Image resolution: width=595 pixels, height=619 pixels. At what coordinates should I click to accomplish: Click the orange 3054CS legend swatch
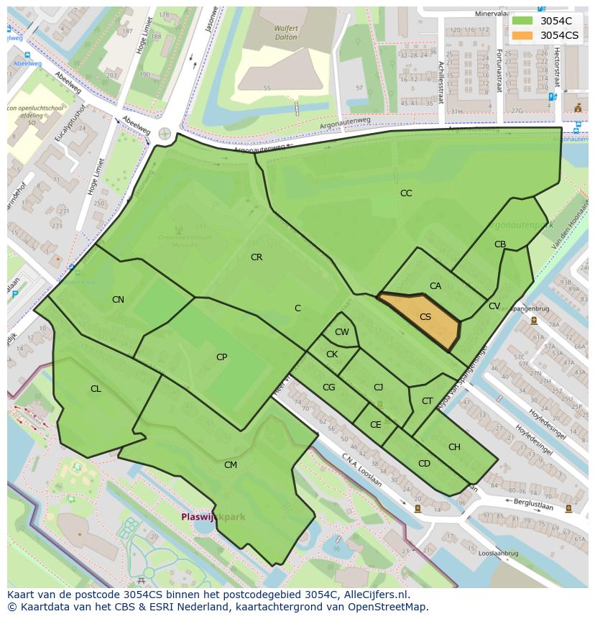pyautogui.click(x=523, y=35)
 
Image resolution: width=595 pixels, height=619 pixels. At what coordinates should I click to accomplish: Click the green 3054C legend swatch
pyautogui.click(x=523, y=21)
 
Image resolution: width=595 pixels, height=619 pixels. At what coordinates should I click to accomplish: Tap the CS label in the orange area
pyautogui.click(x=425, y=317)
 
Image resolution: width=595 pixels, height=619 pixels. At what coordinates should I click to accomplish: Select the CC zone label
pyautogui.click(x=406, y=193)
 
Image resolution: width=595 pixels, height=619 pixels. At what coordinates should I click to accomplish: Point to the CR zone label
pyautogui.click(x=257, y=257)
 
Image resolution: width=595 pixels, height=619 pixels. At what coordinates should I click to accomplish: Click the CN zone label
pyautogui.click(x=118, y=300)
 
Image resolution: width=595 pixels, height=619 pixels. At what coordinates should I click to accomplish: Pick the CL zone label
pyautogui.click(x=96, y=389)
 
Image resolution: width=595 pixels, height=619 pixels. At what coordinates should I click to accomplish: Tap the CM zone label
pyautogui.click(x=230, y=465)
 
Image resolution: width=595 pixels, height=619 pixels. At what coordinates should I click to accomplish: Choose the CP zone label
pyautogui.click(x=221, y=357)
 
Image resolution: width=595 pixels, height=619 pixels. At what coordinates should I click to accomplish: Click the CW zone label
pyautogui.click(x=342, y=332)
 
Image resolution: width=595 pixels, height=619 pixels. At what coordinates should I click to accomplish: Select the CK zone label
pyautogui.click(x=331, y=354)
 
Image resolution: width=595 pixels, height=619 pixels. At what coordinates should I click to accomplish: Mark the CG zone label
pyautogui.click(x=328, y=388)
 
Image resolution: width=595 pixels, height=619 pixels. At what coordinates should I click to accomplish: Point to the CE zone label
pyautogui.click(x=375, y=425)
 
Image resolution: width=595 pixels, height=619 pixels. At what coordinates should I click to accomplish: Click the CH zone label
pyautogui.click(x=454, y=447)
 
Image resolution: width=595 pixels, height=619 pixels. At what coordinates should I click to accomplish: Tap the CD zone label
pyautogui.click(x=424, y=464)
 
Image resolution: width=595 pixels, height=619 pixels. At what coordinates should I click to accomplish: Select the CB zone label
pyautogui.click(x=500, y=244)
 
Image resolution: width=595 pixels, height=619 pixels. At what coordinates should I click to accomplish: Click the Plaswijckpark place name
pyautogui.click(x=213, y=517)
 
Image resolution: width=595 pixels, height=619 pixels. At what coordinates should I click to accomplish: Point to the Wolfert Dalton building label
pyautogui.click(x=266, y=33)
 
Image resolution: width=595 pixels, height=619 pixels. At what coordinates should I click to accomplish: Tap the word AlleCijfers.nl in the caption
pyautogui.click(x=374, y=595)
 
